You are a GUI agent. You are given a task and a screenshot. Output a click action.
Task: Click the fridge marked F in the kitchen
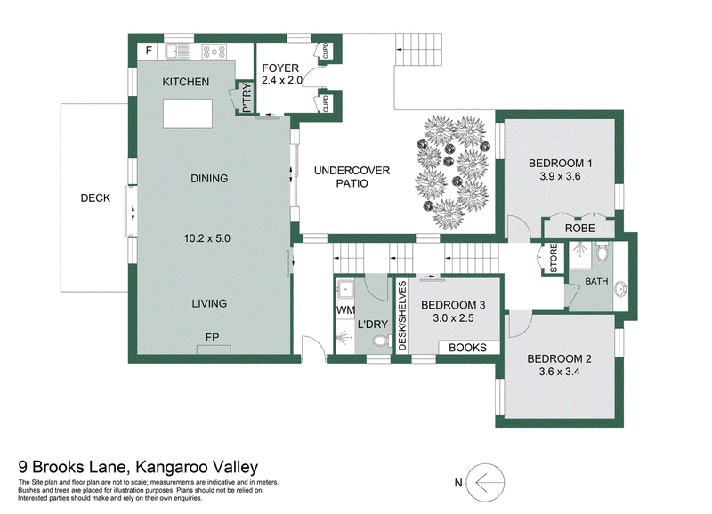[x=148, y=51]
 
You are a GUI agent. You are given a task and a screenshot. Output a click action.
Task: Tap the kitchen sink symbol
[x=177, y=51]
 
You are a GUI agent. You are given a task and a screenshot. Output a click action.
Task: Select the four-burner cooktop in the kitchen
[x=214, y=52]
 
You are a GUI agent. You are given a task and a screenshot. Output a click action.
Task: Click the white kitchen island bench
[x=188, y=114]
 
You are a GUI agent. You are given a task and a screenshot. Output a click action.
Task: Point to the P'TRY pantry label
[x=247, y=98]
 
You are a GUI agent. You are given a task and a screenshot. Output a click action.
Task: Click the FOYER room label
[x=280, y=68]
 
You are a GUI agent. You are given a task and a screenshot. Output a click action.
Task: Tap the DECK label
[x=95, y=197]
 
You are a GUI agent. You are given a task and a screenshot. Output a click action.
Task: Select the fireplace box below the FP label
[x=214, y=349]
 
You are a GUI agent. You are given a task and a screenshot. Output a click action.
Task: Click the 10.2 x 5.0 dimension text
[x=207, y=238]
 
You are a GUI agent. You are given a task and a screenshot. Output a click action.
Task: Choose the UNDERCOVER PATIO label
[x=352, y=177]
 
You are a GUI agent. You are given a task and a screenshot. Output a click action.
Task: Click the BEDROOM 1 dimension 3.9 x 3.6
[x=560, y=176]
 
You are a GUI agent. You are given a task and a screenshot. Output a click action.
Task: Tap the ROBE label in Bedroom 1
[x=580, y=228]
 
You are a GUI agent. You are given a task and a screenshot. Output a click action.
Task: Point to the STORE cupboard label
[x=554, y=258]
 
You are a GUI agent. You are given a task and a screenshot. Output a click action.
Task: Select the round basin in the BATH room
[x=620, y=289]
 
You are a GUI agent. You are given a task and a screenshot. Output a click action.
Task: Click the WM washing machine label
[x=345, y=310]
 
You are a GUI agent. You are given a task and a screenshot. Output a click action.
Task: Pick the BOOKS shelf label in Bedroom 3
[x=468, y=348]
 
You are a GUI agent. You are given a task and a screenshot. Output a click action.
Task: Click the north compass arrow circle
[x=486, y=482]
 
